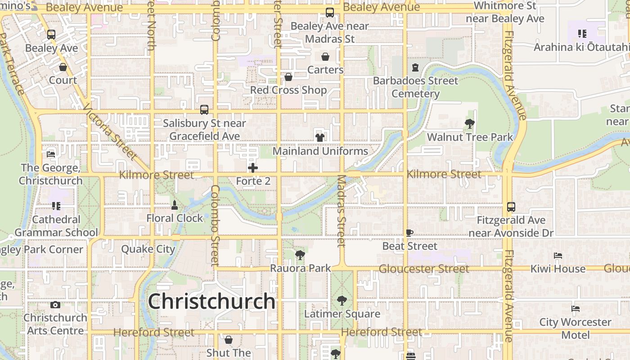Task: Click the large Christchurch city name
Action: pos(211,301)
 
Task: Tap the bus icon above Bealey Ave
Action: pos(51,34)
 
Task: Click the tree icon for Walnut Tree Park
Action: pos(469,123)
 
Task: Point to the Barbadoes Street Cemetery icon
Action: pos(415,67)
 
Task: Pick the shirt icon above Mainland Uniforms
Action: pos(320,137)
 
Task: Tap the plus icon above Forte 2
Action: pos(253,168)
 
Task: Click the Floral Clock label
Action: pos(175,218)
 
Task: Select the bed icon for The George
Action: pos(51,154)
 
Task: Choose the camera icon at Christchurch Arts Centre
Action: pos(55,305)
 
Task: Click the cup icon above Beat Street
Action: pos(409,233)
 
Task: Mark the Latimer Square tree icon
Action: pos(342,300)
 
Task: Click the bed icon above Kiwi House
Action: pos(558,255)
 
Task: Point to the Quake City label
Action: pos(148,249)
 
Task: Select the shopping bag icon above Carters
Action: pos(325,57)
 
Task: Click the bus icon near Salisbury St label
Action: pos(204,109)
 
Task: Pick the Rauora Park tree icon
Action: pos(300,255)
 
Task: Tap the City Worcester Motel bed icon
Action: pos(576,309)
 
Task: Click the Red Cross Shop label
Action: pos(288,90)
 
